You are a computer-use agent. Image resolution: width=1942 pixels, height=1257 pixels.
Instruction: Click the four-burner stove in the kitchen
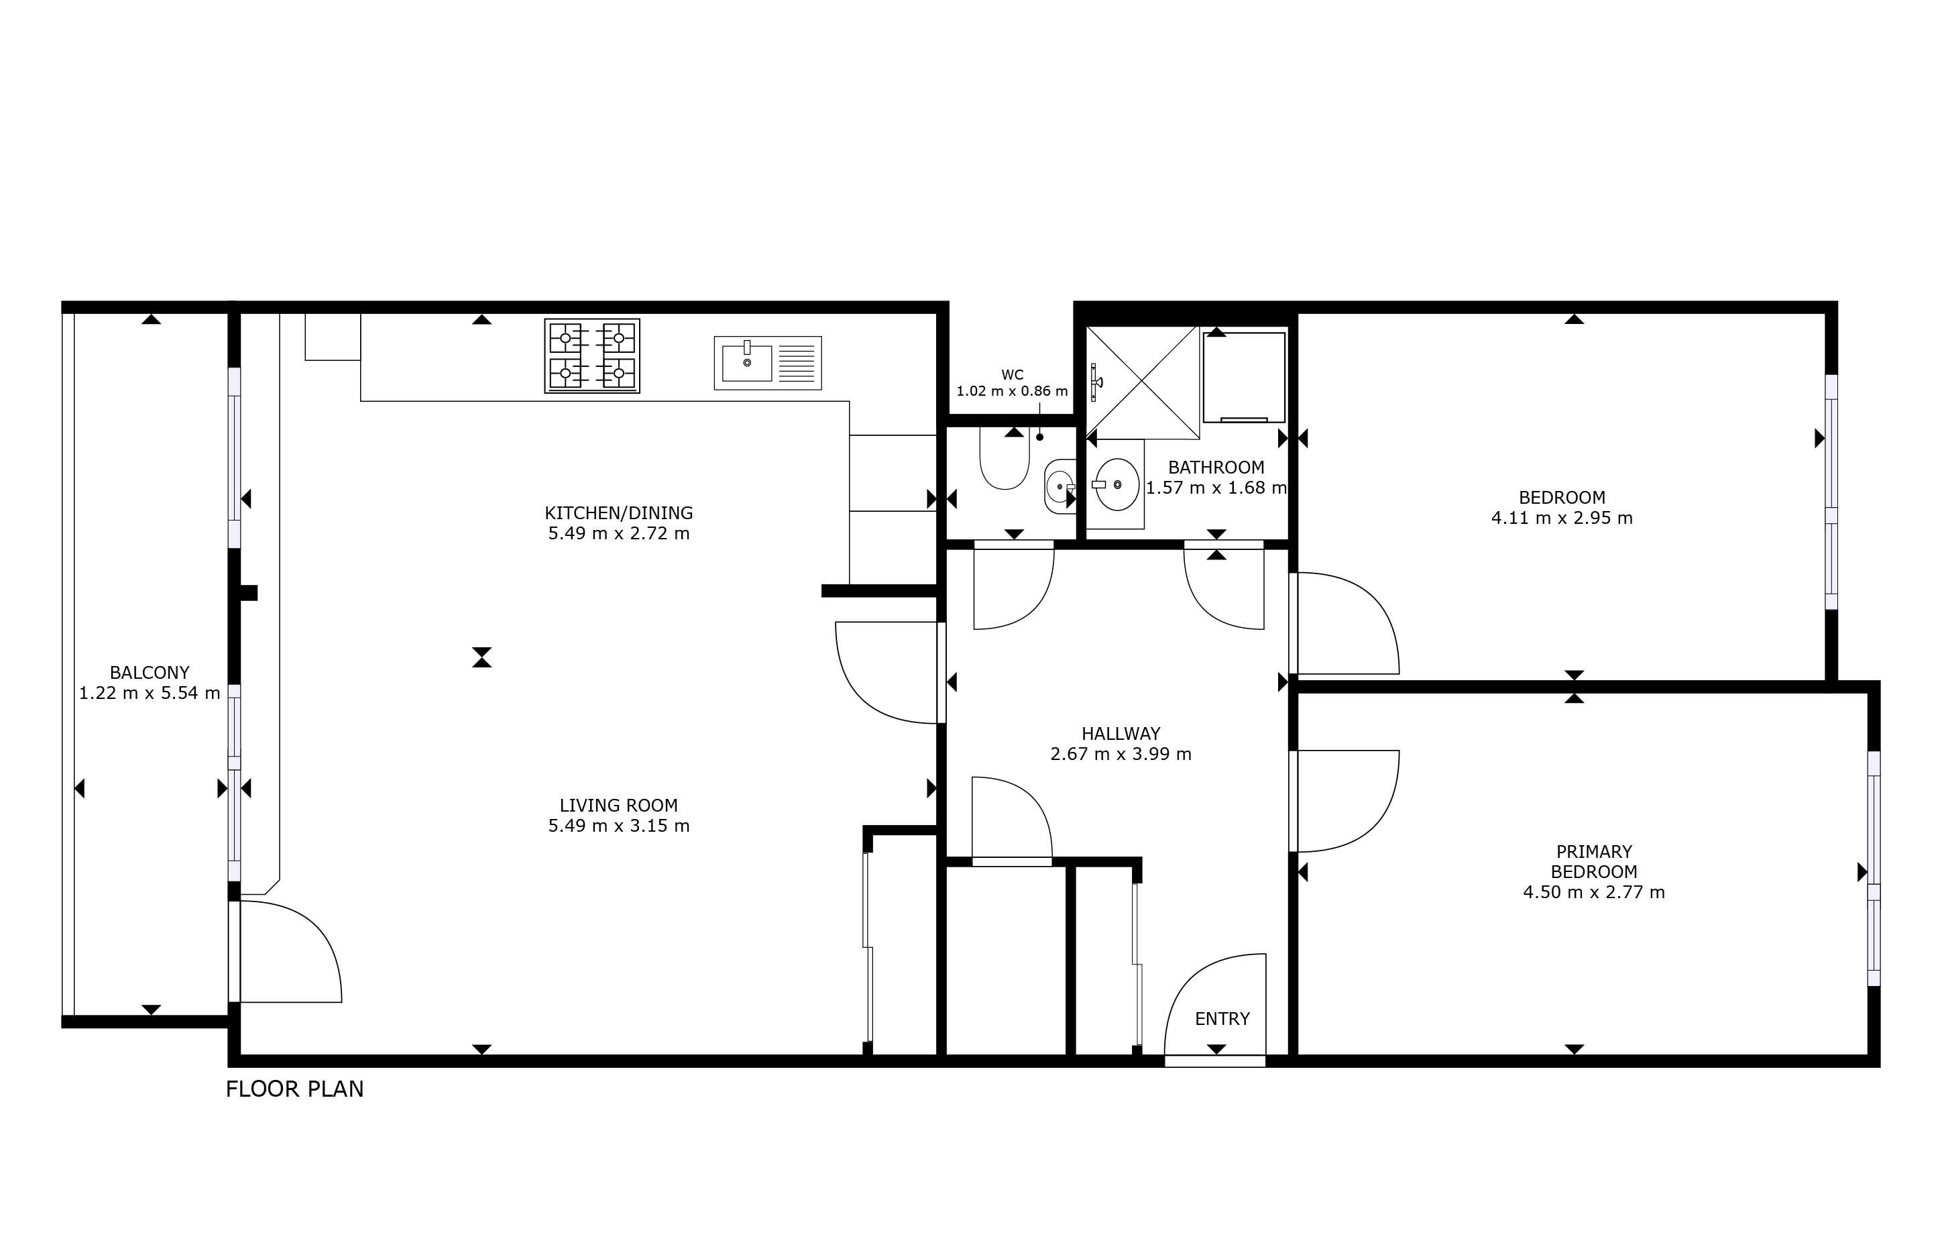591,356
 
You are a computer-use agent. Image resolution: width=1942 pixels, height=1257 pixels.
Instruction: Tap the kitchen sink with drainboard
767,362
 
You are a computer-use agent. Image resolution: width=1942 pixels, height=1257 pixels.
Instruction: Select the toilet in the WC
1005,459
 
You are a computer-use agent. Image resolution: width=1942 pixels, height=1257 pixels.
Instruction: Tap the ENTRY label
1222,1019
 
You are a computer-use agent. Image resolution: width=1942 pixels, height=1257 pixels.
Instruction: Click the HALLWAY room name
1121,734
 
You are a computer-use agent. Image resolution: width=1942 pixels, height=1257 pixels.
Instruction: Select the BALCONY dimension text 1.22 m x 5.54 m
150,693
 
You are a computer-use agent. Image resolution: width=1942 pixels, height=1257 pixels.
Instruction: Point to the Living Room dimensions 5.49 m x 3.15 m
618,825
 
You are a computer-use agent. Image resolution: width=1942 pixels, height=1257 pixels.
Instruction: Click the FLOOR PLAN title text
294,1089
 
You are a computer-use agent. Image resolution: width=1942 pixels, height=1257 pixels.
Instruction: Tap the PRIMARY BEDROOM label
1593,861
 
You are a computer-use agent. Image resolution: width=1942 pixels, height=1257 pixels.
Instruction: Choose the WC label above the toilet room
1012,376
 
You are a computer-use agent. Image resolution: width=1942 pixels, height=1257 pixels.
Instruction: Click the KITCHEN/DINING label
618,512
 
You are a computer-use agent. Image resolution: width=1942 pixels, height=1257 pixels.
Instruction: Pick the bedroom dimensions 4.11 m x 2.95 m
1562,518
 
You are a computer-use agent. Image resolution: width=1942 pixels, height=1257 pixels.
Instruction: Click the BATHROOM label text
1216,468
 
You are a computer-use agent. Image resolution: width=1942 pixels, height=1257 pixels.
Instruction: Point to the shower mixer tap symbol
1096,382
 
